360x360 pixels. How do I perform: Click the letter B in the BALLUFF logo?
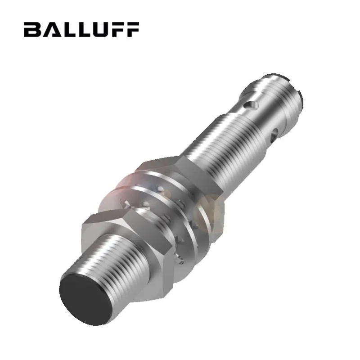(32, 29)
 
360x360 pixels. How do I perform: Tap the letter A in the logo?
(49, 29)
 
